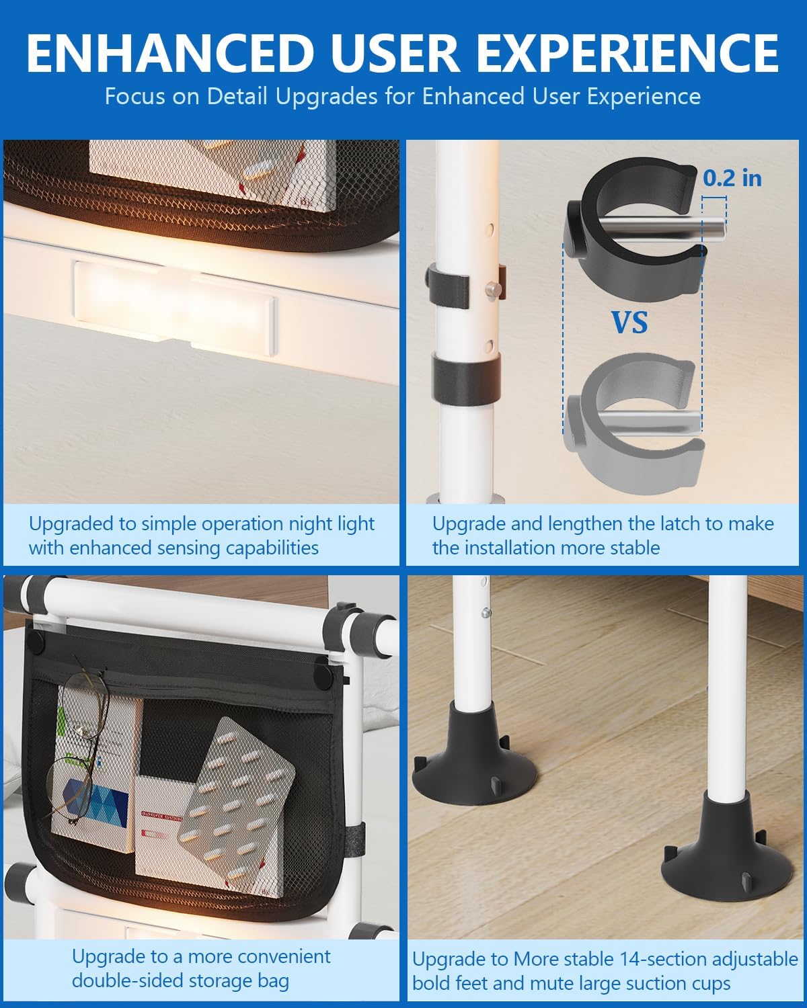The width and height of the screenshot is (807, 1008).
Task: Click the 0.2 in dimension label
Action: [732, 177]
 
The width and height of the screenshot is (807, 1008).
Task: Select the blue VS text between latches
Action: [629, 323]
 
